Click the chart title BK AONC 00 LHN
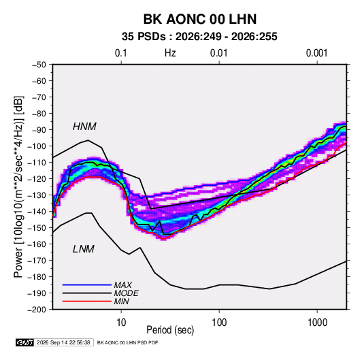[x=200, y=19]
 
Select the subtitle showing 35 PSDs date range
[x=199, y=37]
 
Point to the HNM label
[x=84, y=127]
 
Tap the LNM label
[x=84, y=249]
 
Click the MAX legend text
[x=122, y=285]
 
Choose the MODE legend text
[x=127, y=293]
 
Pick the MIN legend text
[x=121, y=301]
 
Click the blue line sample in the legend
[x=87, y=285]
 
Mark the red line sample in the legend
[x=87, y=301]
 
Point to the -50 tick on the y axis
[x=39, y=65]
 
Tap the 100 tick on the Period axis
[x=219, y=323]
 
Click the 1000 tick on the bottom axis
[x=317, y=323]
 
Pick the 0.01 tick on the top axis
[x=218, y=53]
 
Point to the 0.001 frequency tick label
[x=316, y=53]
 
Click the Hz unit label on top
[x=170, y=53]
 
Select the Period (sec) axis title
[x=170, y=330]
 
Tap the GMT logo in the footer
[x=25, y=342]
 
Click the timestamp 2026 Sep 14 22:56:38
[x=63, y=342]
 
